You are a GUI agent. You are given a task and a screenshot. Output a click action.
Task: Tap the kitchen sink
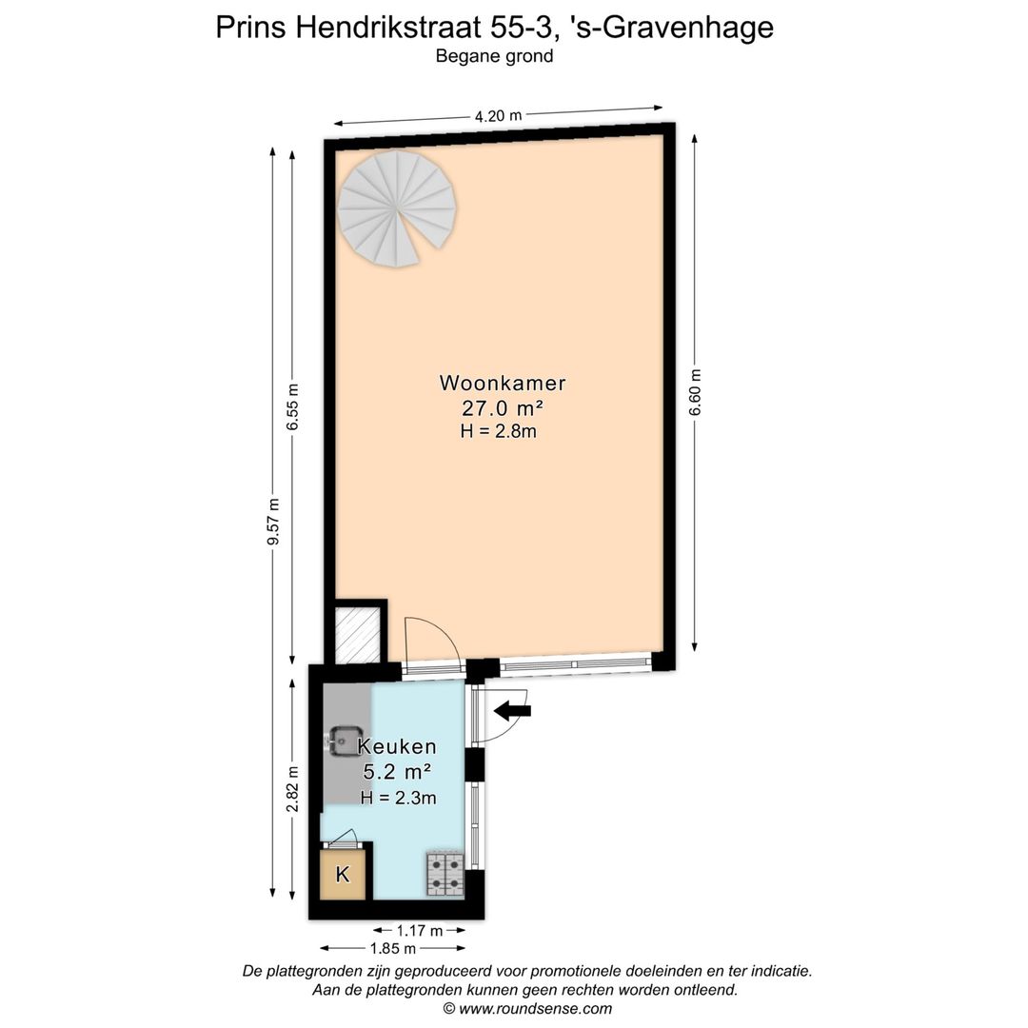coord(341,739)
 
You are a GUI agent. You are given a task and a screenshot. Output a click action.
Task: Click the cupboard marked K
coord(344,875)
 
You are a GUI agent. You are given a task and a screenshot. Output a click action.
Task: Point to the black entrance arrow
coord(513,709)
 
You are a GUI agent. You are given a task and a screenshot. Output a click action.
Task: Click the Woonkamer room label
coord(503,384)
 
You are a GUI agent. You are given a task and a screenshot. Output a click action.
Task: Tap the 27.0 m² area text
coord(503,408)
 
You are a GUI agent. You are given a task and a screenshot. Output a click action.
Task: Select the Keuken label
coord(397,746)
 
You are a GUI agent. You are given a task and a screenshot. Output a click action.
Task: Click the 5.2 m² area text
coord(398,772)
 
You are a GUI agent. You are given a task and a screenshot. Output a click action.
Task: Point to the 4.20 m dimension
coord(499,116)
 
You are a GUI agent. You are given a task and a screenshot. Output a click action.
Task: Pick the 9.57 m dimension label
coord(273,522)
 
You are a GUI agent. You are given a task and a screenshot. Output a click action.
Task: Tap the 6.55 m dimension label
coord(293,406)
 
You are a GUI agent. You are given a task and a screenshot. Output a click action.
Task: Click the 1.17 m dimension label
coord(420,931)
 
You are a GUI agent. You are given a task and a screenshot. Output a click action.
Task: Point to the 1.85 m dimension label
coord(393,948)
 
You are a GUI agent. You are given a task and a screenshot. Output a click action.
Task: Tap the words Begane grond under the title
coord(494,56)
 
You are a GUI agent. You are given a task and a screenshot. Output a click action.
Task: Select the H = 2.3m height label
coord(398,798)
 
